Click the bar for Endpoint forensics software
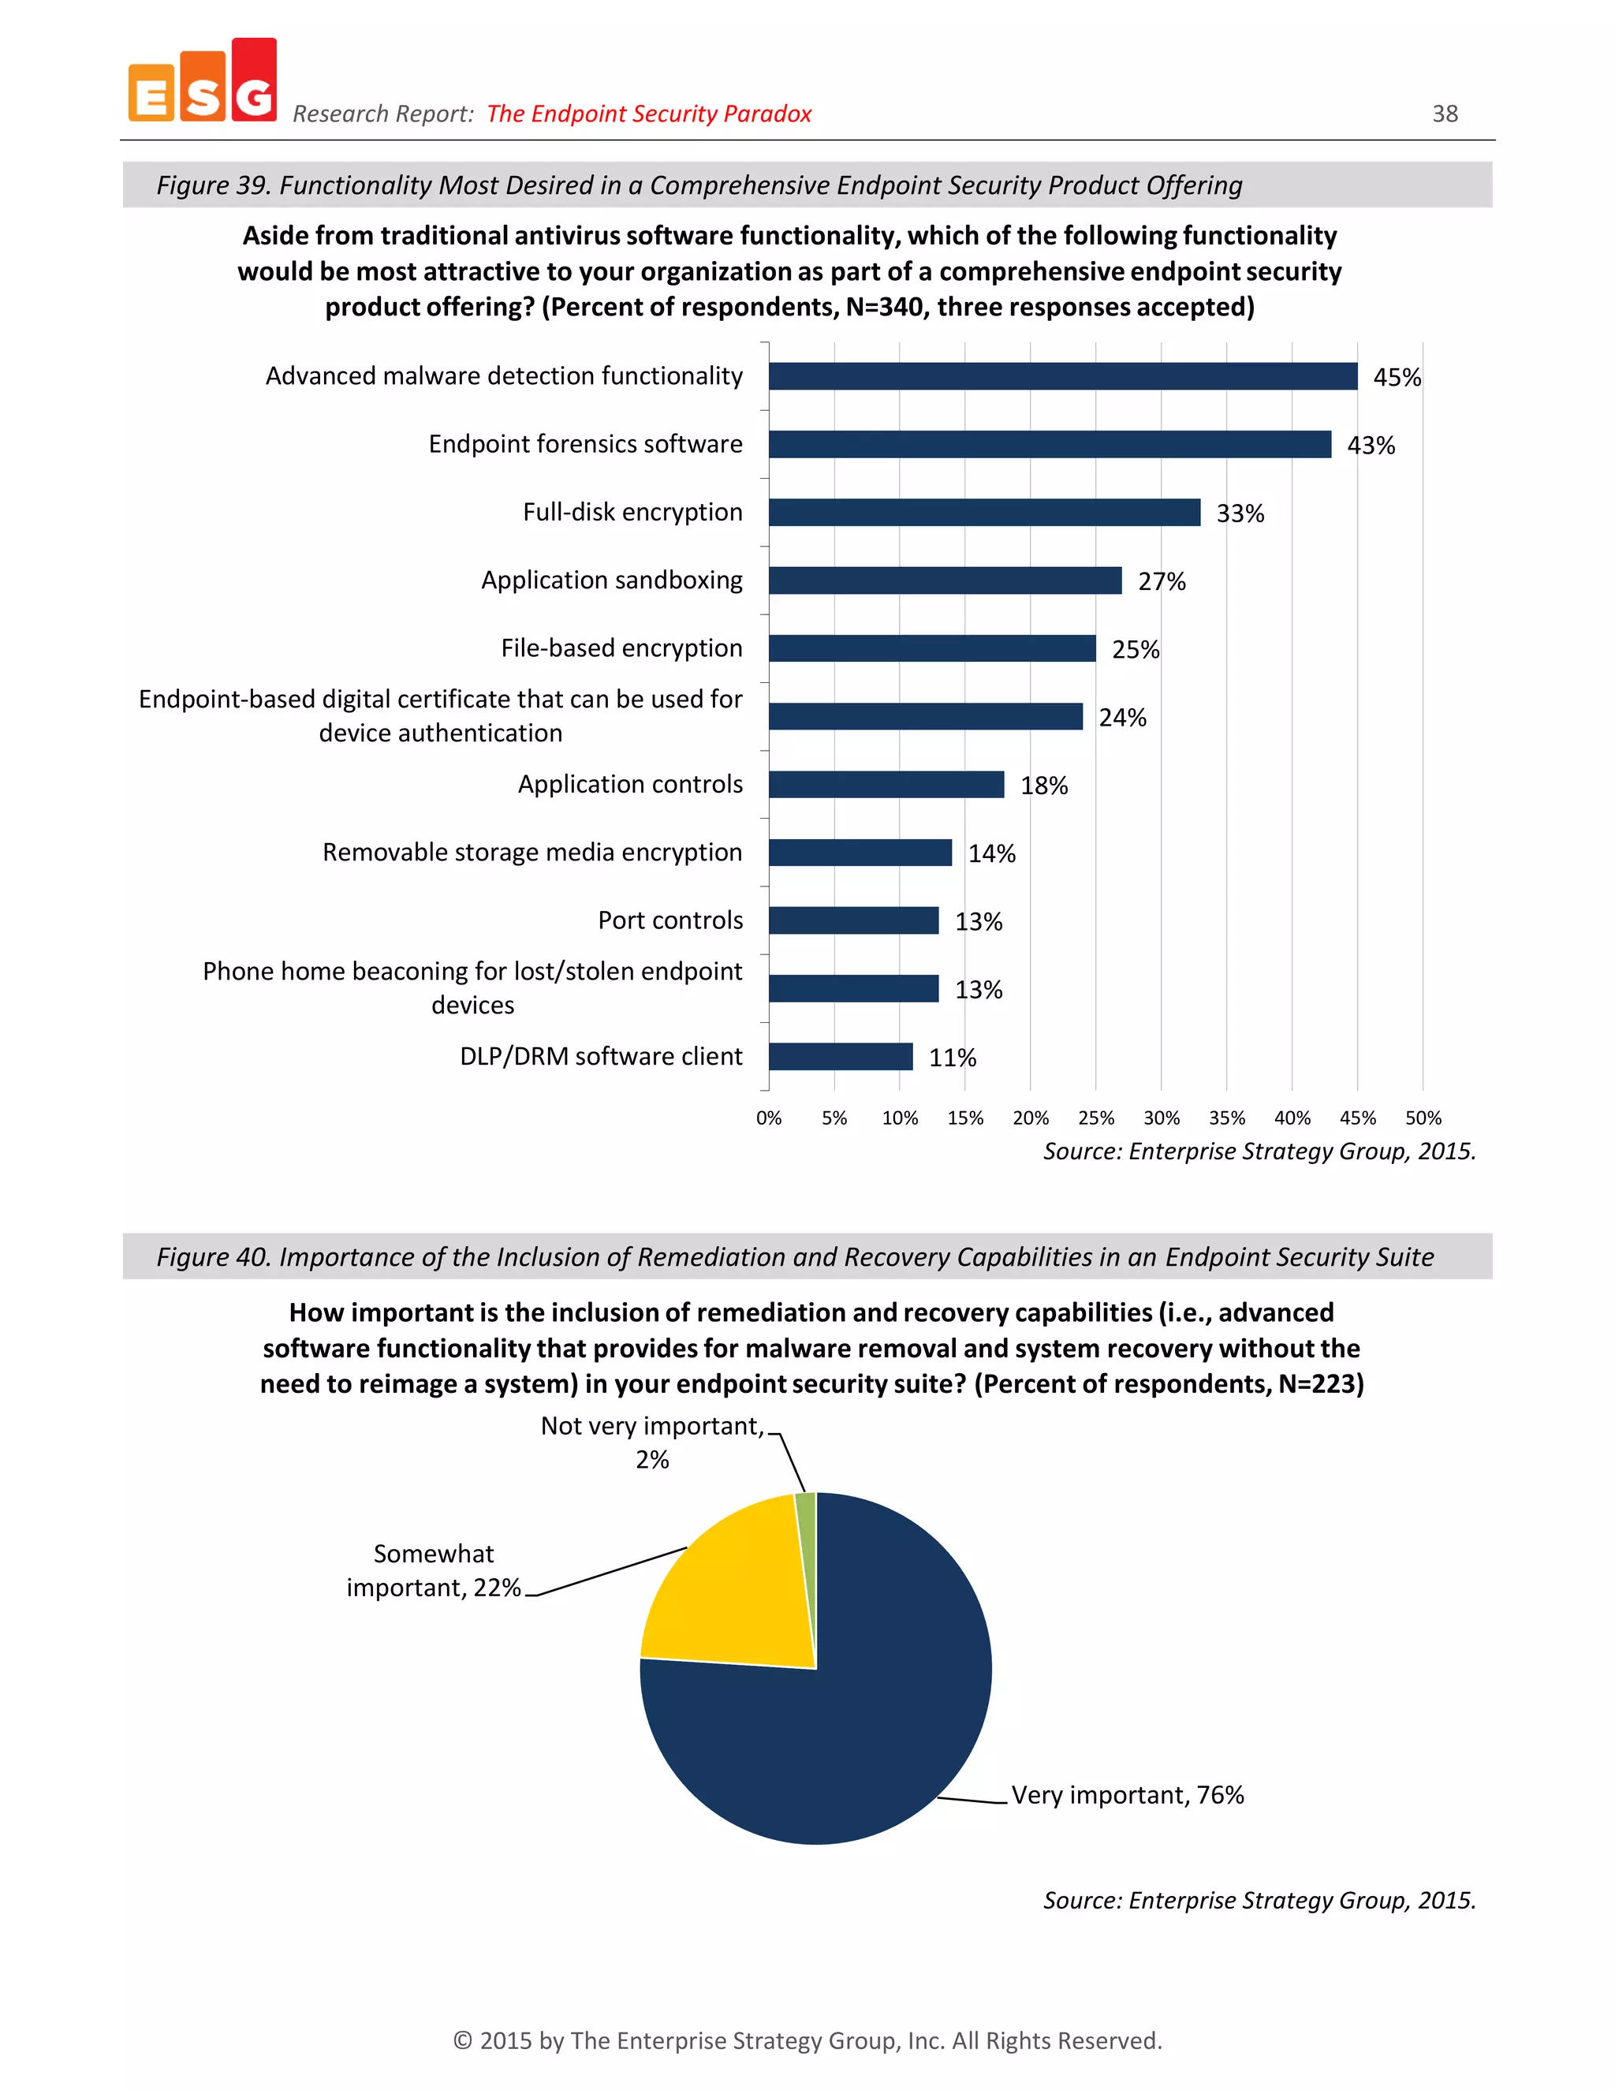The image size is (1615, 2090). [x=1050, y=444]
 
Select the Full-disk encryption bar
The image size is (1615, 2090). [x=984, y=512]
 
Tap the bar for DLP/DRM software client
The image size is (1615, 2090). [x=841, y=1057]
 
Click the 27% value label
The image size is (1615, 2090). [x=1162, y=582]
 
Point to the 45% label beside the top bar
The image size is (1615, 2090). [x=1397, y=378]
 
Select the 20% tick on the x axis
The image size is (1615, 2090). [x=1031, y=1118]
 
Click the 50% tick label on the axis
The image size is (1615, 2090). [x=1423, y=1118]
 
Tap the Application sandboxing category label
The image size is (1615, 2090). [x=611, y=580]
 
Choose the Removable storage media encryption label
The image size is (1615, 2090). [x=532, y=852]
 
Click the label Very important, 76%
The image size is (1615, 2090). [x=1127, y=1795]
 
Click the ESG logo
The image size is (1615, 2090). [x=203, y=82]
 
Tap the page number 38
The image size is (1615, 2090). [x=1445, y=114]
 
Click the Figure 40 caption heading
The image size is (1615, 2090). [x=794, y=1256]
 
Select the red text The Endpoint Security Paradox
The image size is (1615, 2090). [x=649, y=114]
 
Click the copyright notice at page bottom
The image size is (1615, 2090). [x=807, y=2040]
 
